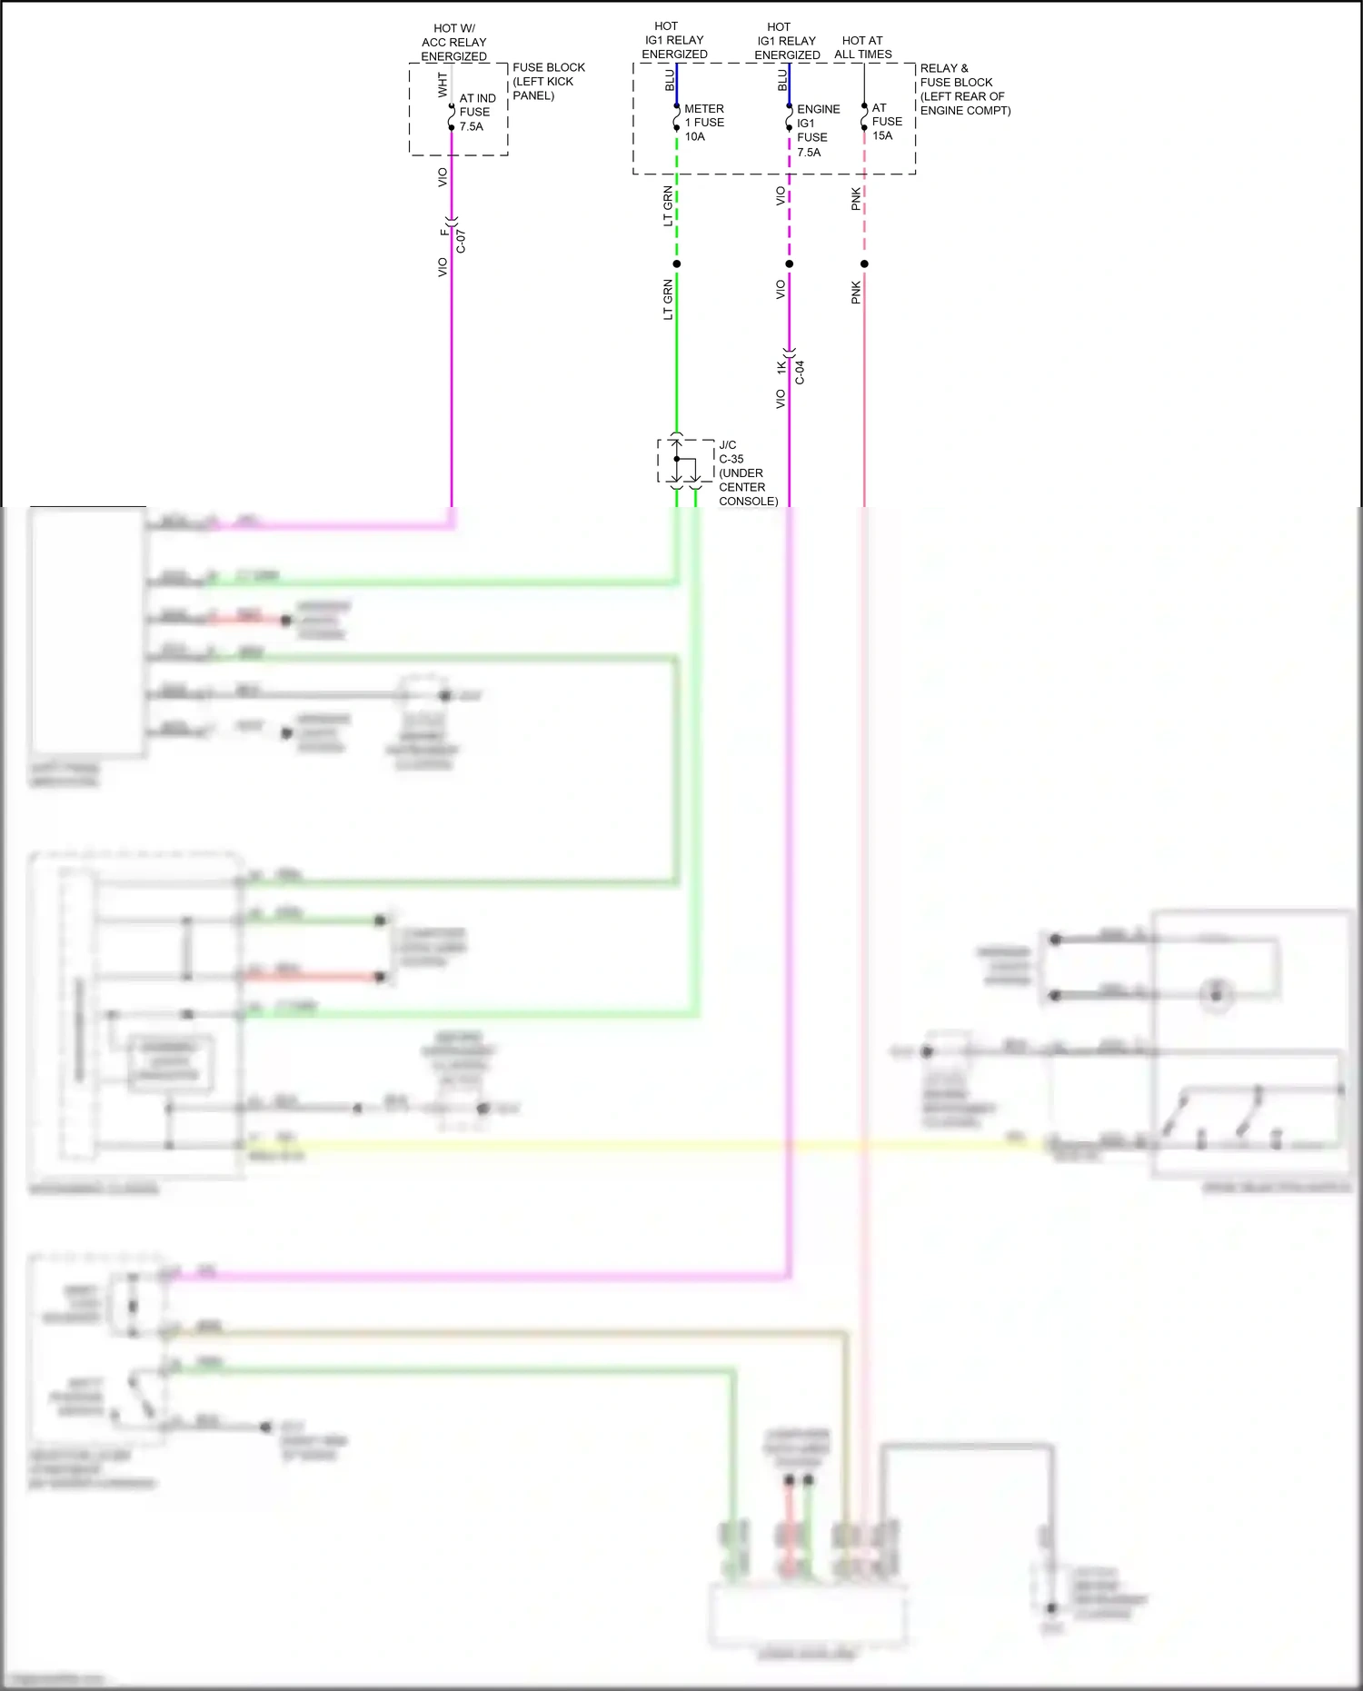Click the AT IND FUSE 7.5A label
click(477, 112)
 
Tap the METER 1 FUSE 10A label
click(703, 123)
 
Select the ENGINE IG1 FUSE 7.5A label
click(817, 131)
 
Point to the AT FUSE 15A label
click(886, 122)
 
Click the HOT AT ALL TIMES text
click(862, 47)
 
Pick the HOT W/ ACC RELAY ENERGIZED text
click(453, 43)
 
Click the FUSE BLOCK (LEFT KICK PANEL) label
click(548, 82)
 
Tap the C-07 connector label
click(461, 242)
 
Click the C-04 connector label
click(800, 373)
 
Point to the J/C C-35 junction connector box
click(686, 462)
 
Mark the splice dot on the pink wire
click(864, 264)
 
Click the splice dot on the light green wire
click(677, 264)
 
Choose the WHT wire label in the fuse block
click(443, 85)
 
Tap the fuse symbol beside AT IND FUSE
click(452, 117)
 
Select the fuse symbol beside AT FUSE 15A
click(864, 118)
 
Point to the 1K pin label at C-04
click(781, 367)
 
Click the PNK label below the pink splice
click(856, 293)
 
